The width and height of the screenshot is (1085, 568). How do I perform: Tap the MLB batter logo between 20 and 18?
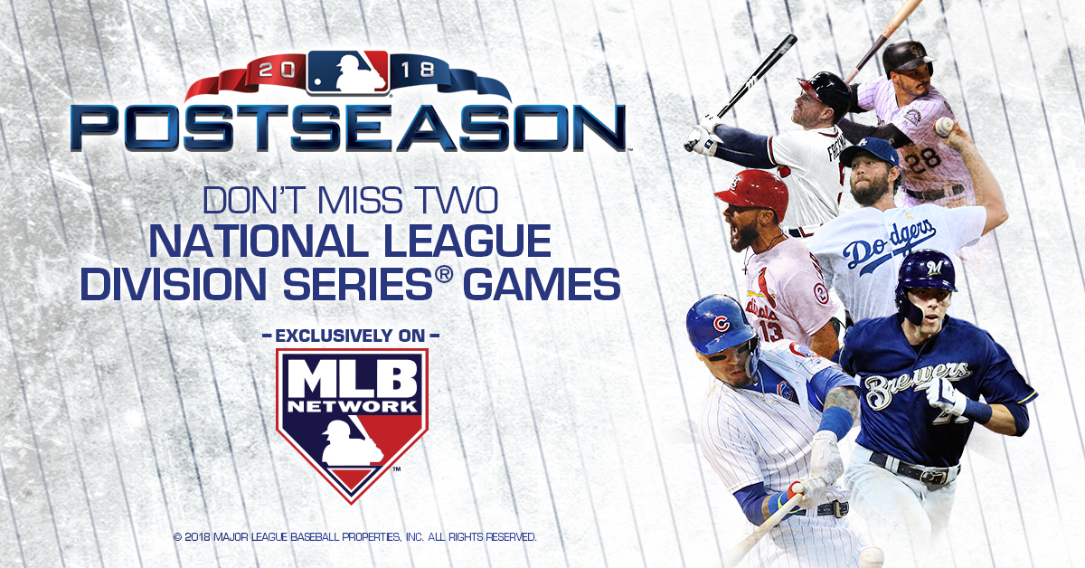click(347, 71)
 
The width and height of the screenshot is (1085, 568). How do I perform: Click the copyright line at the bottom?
click(354, 537)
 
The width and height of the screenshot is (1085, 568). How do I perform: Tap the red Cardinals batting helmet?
click(752, 191)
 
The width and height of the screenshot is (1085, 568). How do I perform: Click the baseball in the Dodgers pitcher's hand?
click(943, 126)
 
